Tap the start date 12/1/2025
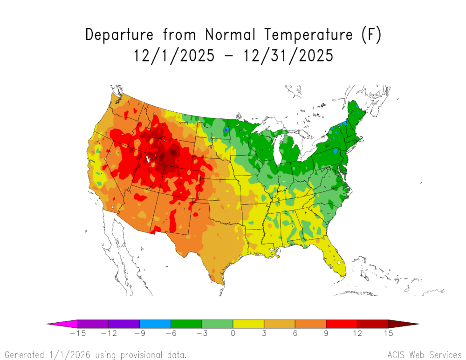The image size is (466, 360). [x=174, y=56]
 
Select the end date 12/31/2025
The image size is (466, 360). [x=288, y=56]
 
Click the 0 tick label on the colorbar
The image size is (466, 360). [x=233, y=333]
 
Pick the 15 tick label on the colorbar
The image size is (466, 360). [x=388, y=333]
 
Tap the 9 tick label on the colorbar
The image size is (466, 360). [x=326, y=333]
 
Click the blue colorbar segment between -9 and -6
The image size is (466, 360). [x=155, y=324]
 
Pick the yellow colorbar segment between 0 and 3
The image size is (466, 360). [x=248, y=324]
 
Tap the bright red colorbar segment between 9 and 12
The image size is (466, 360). [x=342, y=324]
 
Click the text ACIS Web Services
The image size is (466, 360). [x=424, y=354]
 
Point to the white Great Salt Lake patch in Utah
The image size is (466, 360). [x=148, y=159]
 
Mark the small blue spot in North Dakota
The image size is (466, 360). [x=226, y=129]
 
